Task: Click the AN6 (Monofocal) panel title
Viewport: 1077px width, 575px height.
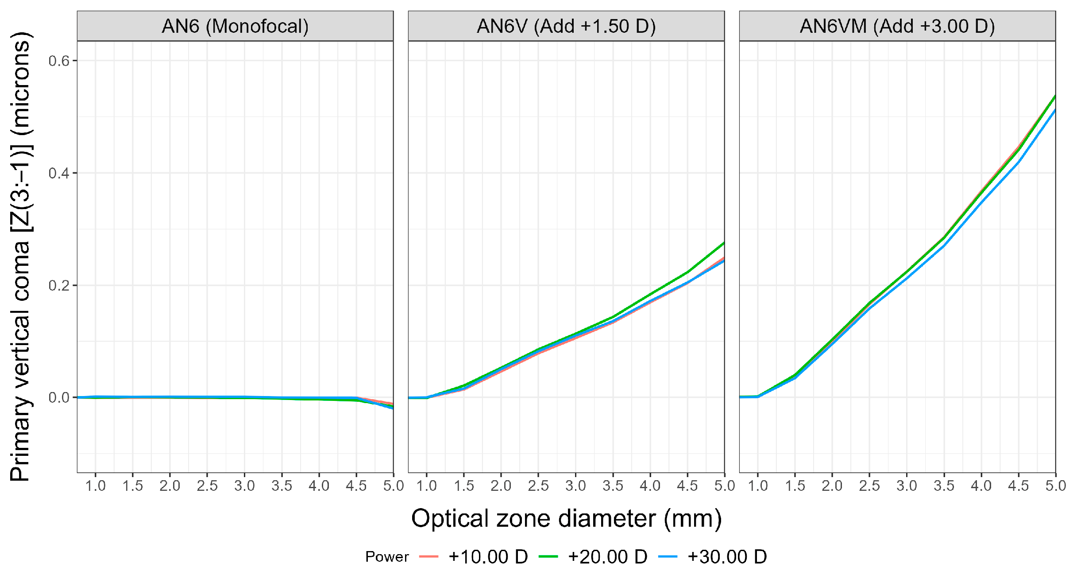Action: (x=235, y=26)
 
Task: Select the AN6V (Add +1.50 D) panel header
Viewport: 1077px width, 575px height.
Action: (x=566, y=26)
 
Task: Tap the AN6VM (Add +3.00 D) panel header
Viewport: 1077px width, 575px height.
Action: (x=897, y=26)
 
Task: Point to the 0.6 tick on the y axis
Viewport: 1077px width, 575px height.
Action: (x=59, y=61)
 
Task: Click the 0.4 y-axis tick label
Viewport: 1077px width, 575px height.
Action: (x=59, y=173)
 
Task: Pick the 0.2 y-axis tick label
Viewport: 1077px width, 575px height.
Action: (x=59, y=285)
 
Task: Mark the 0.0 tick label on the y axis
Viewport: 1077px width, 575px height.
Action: (x=59, y=398)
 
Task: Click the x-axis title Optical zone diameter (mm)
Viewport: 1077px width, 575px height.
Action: (x=566, y=518)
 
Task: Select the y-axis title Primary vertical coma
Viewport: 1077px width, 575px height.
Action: (x=20, y=257)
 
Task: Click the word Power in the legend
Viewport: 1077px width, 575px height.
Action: (x=387, y=557)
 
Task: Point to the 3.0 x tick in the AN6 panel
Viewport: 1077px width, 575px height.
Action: (x=244, y=486)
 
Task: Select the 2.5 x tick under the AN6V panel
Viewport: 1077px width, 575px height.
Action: (x=538, y=486)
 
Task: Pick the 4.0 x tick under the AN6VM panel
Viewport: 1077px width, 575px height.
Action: (x=981, y=486)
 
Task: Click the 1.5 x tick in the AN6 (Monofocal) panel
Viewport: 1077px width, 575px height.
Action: (x=132, y=486)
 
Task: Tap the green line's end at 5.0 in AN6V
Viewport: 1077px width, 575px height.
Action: (x=723, y=243)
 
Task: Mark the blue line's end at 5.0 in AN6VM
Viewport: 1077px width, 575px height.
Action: (x=1054, y=111)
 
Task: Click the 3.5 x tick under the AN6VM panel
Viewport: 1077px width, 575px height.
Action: (x=944, y=486)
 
